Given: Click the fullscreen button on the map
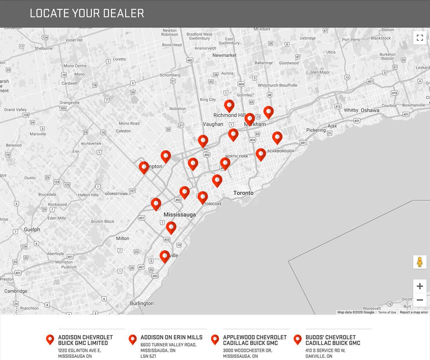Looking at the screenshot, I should (420, 37).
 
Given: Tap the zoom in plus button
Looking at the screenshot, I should (420, 286).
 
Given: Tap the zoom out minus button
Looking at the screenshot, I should (420, 300).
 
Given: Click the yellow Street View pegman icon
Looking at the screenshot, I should (420, 262).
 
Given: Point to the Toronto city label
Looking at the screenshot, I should (243, 193).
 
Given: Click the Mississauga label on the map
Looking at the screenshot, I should (180, 215).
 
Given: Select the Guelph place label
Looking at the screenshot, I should (32, 230).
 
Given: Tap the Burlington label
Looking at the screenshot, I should (142, 303).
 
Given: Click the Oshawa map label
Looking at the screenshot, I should (370, 110).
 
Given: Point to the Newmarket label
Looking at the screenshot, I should (224, 55).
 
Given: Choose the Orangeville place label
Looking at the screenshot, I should (69, 102).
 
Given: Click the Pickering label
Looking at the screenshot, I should (316, 130).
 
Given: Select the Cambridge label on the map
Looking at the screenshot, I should (16, 291).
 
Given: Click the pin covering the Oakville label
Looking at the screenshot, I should (165, 256).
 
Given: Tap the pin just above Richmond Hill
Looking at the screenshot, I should (229, 105).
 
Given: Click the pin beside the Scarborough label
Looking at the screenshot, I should (261, 154).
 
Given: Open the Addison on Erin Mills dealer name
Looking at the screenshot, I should (171, 337).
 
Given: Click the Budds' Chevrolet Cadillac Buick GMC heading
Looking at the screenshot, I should (333, 340).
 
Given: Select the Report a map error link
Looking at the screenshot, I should (414, 312).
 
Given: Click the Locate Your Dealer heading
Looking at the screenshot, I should (87, 13).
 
